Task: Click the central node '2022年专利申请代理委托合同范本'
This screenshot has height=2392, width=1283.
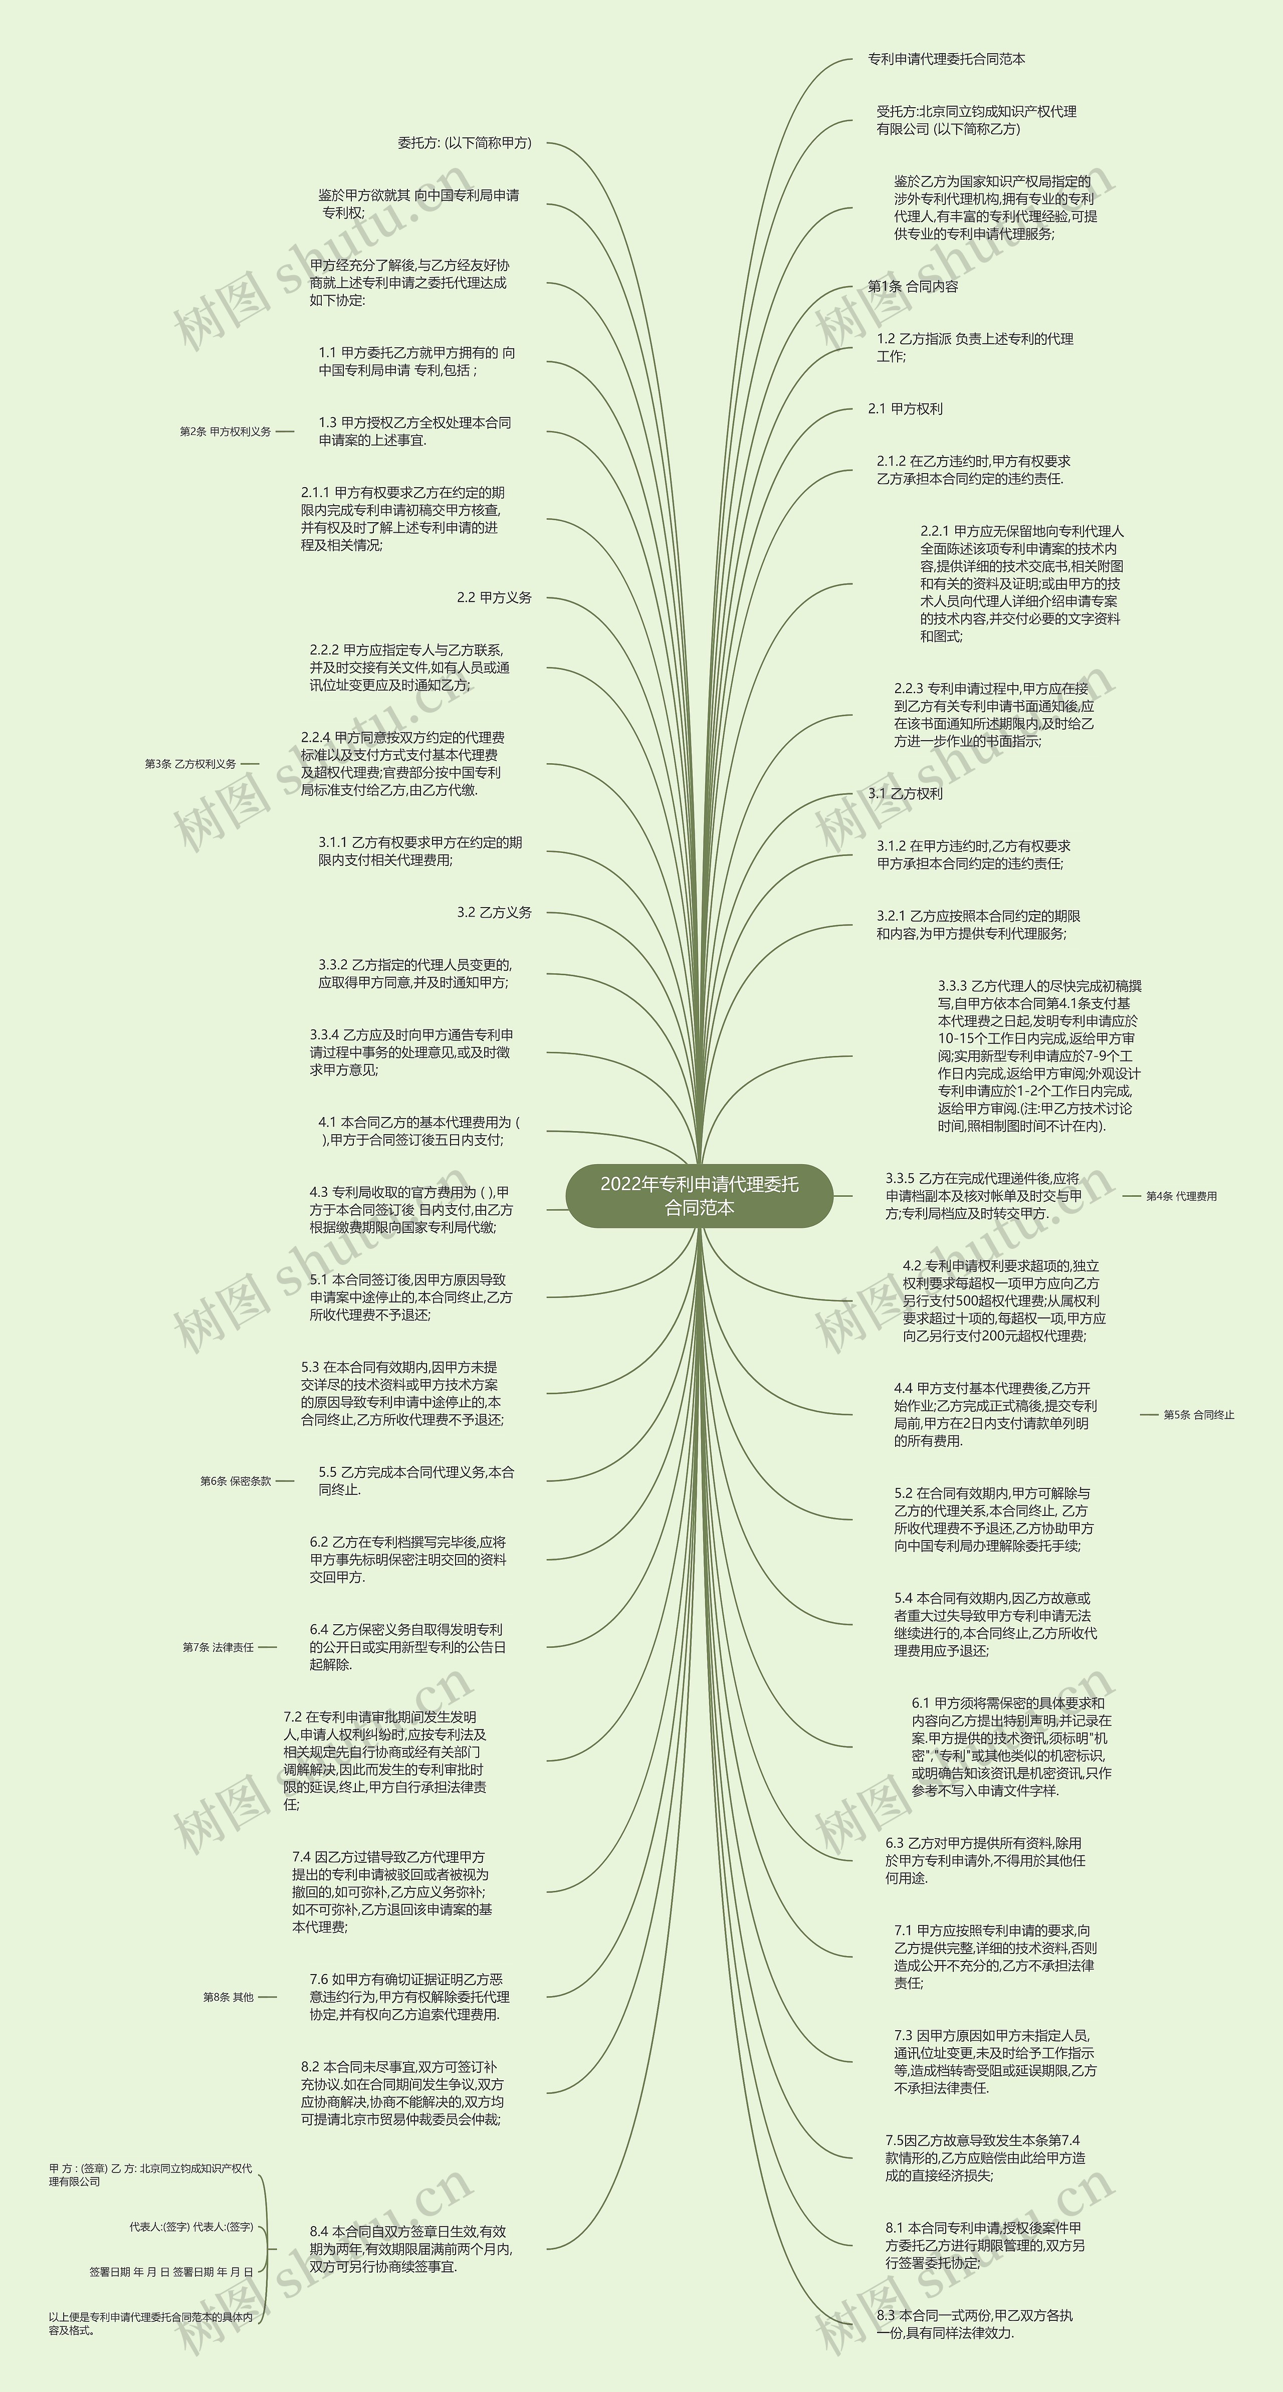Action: coord(699,1195)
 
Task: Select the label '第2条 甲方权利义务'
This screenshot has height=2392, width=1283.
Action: coord(226,432)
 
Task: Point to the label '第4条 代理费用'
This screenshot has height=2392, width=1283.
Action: coord(1181,1196)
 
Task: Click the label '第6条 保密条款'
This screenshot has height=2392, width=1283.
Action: coord(236,1481)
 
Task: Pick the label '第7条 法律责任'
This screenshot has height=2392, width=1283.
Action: coord(218,1647)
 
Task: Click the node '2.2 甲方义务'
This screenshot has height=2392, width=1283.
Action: coord(494,598)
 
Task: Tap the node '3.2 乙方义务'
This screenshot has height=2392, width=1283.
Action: coord(494,913)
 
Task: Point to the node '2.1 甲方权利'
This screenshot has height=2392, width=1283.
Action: coord(905,408)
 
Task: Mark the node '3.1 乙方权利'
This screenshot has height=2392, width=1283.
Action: coord(905,794)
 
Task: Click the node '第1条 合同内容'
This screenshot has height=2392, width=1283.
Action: coord(913,287)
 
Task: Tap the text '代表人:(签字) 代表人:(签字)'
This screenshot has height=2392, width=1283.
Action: coord(191,2227)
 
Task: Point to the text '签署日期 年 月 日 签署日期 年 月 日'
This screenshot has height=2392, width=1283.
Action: coord(171,2271)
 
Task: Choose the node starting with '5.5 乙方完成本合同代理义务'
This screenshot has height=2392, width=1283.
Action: coord(416,1481)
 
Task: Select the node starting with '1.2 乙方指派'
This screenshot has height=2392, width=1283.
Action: coord(975,347)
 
